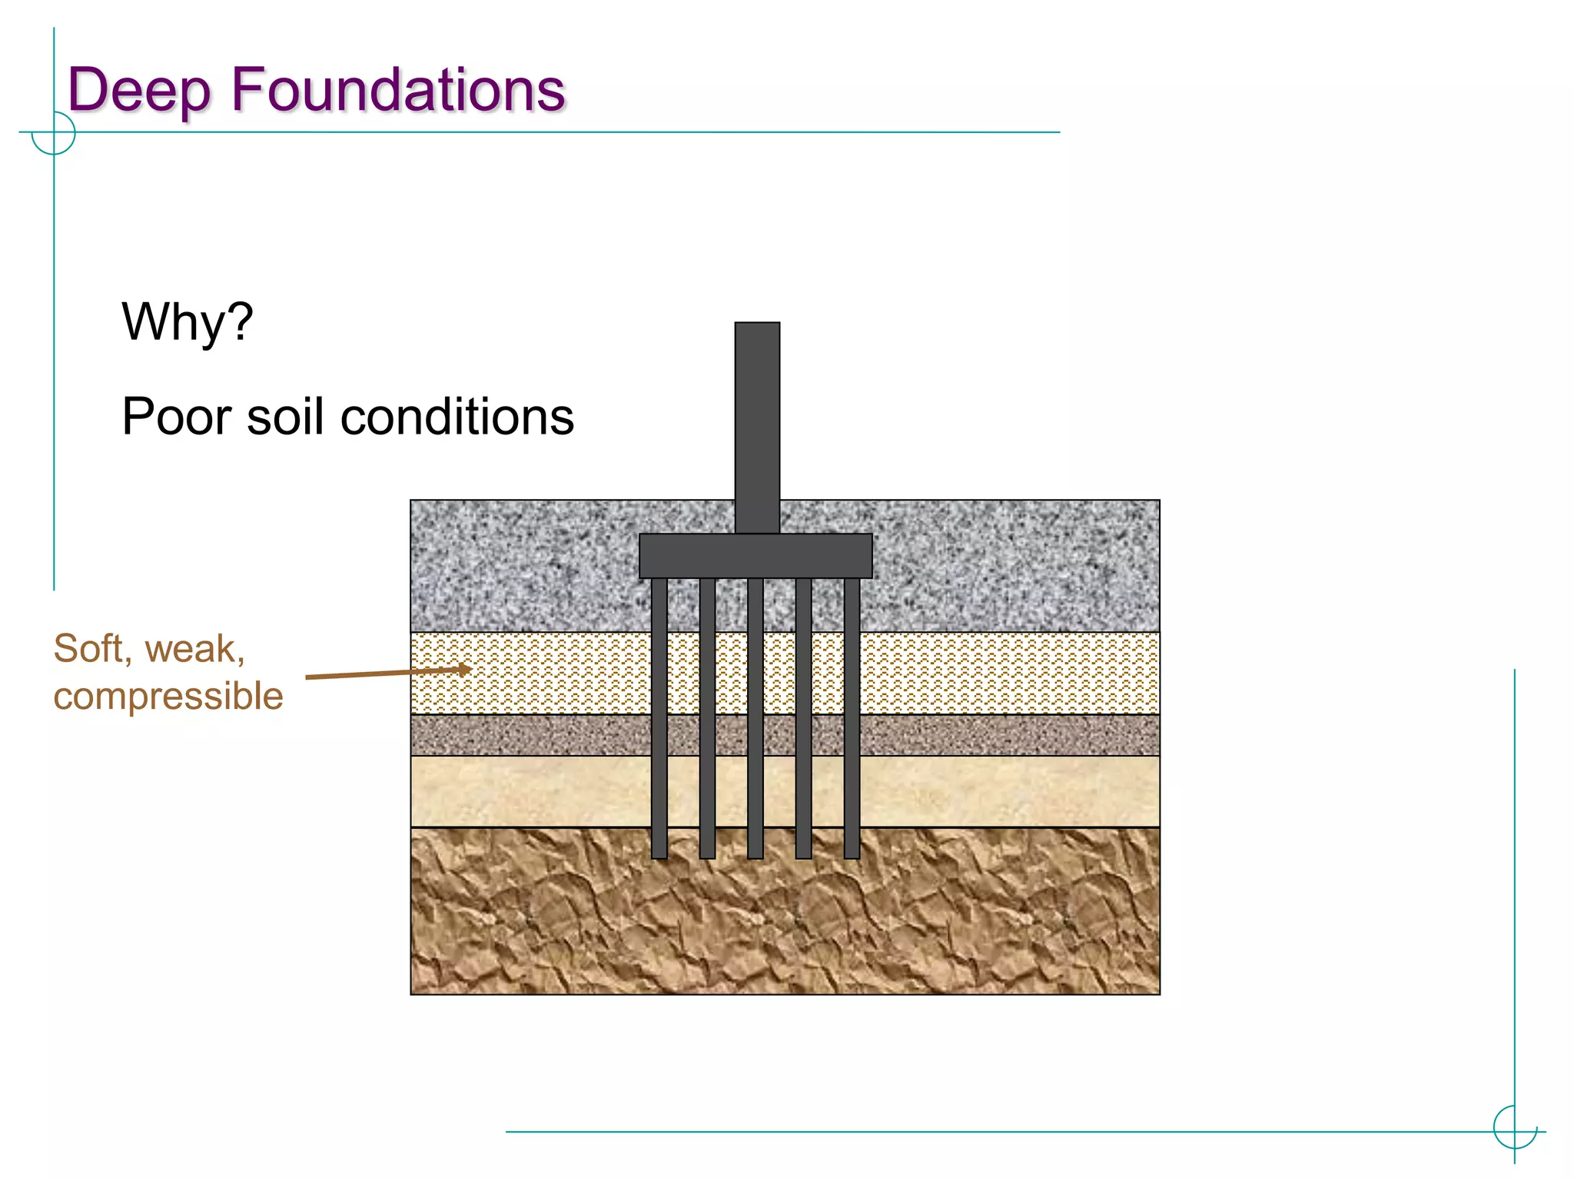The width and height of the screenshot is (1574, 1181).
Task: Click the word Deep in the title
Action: (x=138, y=91)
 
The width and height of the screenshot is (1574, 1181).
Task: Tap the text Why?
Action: (x=187, y=321)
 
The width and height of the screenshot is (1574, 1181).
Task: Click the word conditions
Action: (x=457, y=417)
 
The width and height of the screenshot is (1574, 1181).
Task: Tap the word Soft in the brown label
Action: (x=88, y=648)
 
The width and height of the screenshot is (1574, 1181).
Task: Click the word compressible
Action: (x=168, y=697)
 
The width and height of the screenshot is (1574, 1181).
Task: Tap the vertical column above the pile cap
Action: (x=757, y=427)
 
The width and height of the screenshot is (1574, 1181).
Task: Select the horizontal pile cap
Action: (x=755, y=556)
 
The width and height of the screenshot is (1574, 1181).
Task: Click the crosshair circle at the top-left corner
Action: (x=54, y=133)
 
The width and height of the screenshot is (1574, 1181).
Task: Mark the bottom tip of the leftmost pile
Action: (x=659, y=855)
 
